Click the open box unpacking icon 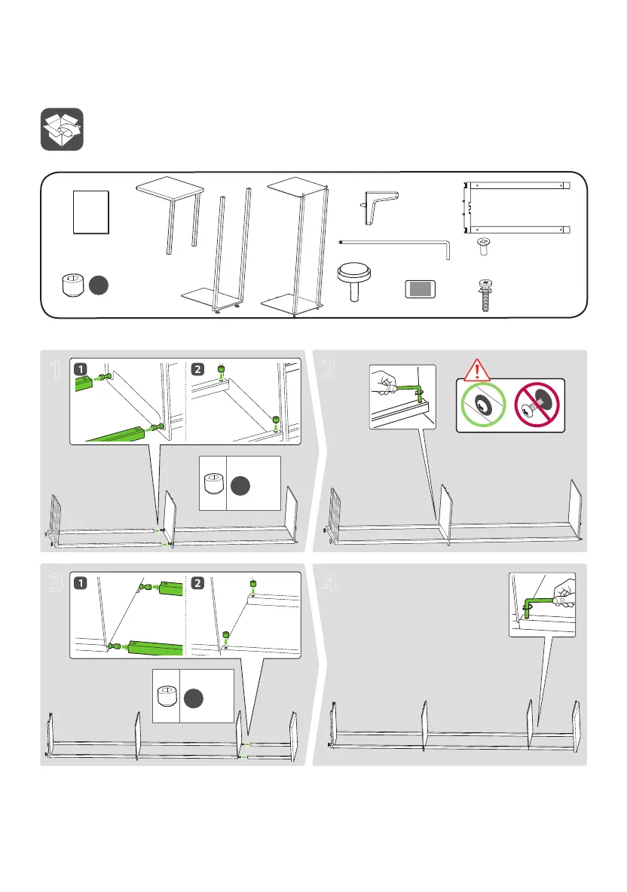click(x=62, y=130)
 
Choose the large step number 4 click(x=329, y=584)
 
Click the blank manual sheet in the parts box click(x=91, y=212)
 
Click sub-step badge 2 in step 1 click(x=196, y=369)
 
